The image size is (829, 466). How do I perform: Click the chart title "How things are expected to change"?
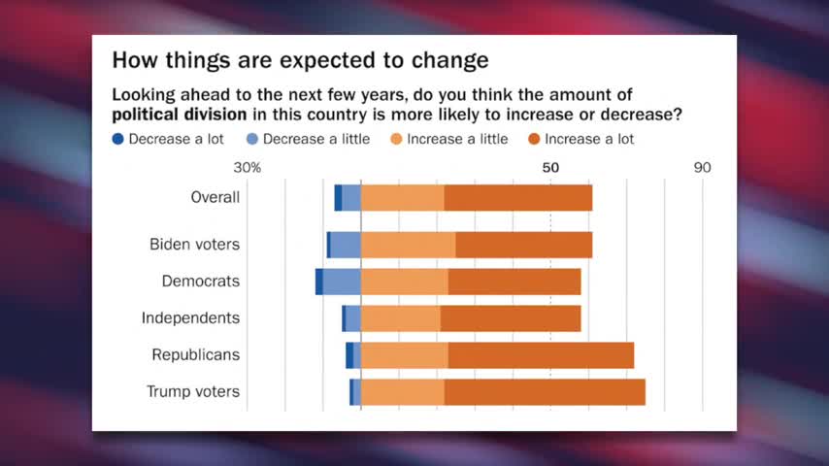point(299,60)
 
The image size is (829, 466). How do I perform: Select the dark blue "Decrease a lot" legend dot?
point(118,139)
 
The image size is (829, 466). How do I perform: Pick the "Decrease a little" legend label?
point(315,139)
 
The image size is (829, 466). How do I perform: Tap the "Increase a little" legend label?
point(457,139)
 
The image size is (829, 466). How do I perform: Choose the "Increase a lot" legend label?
point(589,139)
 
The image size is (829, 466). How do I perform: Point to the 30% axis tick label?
point(248,167)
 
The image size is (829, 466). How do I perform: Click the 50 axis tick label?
point(550,167)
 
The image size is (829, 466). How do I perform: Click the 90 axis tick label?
point(702,167)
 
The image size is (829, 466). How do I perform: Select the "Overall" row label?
point(216,197)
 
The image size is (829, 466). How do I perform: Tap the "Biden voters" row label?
point(194,245)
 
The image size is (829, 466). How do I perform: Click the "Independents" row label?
point(190,317)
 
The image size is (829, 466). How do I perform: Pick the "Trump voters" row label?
point(193,392)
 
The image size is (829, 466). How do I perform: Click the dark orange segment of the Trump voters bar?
point(545,392)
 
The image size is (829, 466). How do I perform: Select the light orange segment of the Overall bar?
point(402,197)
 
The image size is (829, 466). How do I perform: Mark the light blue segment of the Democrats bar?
point(342,282)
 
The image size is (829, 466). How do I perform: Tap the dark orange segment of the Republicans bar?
point(541,355)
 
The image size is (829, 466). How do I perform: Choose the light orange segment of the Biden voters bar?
point(408,245)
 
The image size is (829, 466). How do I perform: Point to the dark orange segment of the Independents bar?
point(511,317)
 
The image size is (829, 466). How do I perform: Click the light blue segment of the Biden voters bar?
point(346,245)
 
